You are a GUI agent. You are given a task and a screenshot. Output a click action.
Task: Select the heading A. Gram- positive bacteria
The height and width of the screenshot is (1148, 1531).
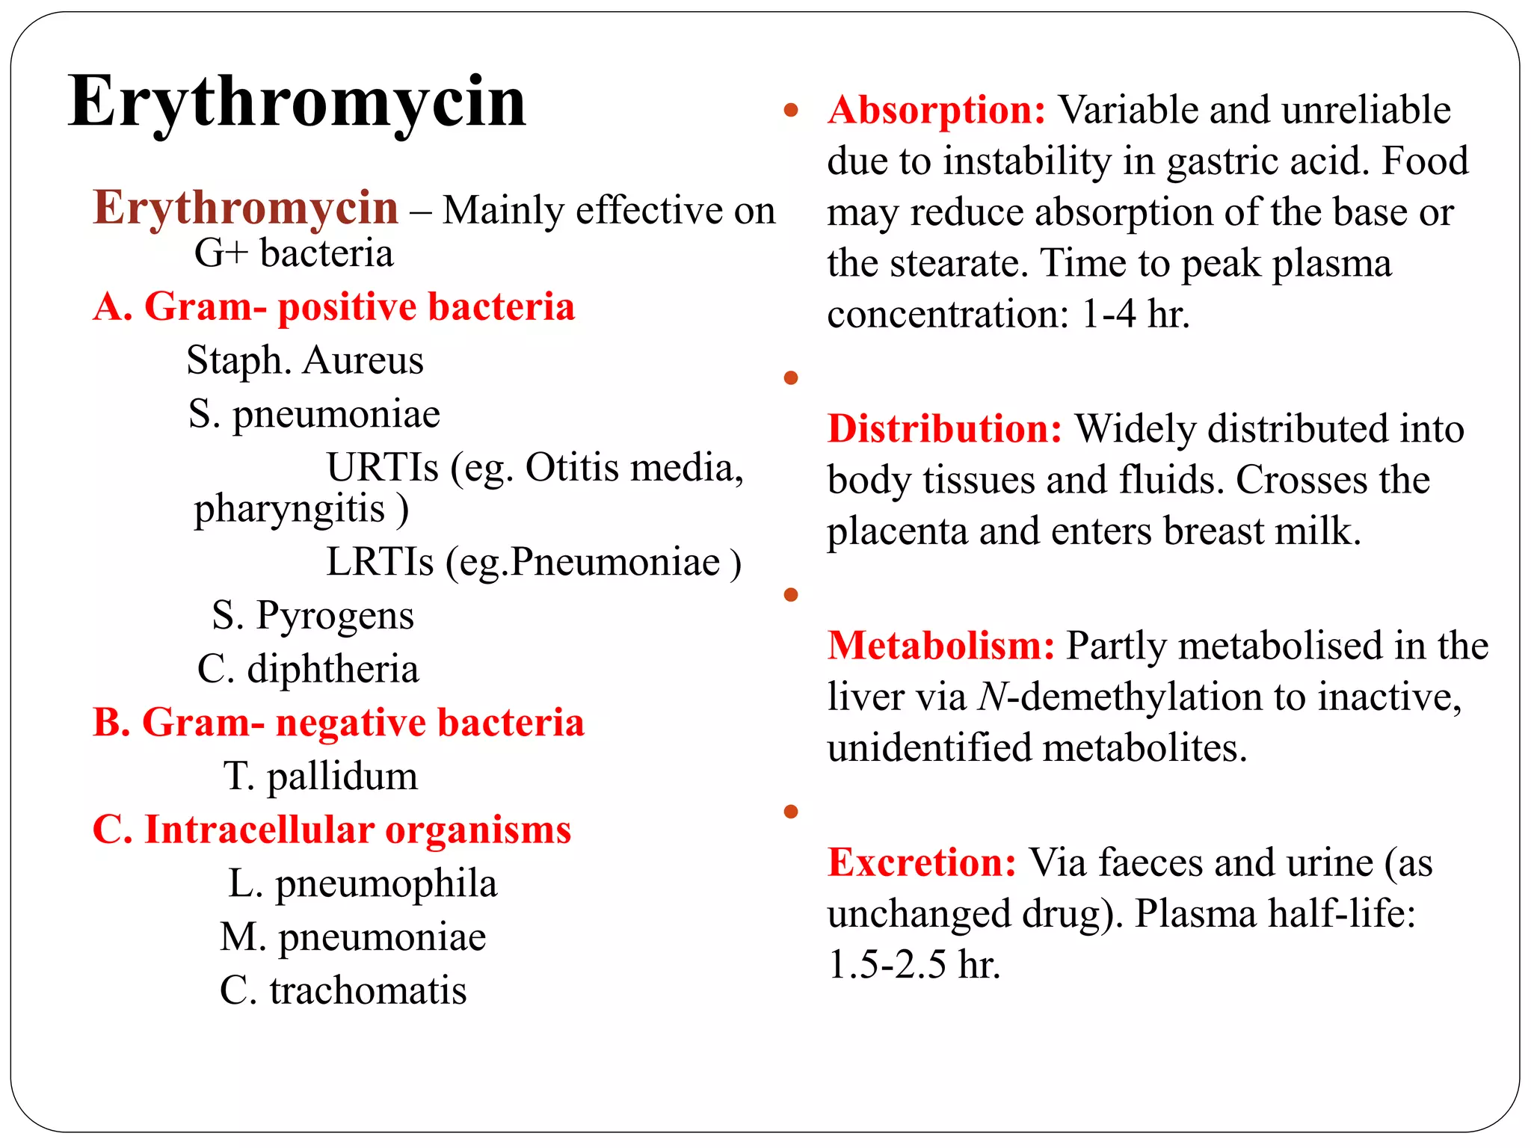pyautogui.click(x=333, y=306)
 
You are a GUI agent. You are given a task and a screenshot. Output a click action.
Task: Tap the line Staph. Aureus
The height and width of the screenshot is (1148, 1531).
pyautogui.click(x=305, y=360)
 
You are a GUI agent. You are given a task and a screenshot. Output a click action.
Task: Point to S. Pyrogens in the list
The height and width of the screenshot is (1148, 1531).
pyautogui.click(x=312, y=615)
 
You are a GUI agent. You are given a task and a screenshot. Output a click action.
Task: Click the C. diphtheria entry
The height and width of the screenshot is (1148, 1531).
pyautogui.click(x=308, y=668)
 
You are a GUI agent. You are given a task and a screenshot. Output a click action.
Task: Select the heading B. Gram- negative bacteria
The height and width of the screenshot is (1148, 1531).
pyautogui.click(x=338, y=722)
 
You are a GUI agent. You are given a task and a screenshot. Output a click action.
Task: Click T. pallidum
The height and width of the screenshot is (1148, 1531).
pyautogui.click(x=320, y=776)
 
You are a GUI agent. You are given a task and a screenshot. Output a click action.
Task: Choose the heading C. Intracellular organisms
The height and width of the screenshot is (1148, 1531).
pyautogui.click(x=331, y=830)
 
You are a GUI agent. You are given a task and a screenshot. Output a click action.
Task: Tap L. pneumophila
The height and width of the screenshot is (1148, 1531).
pyautogui.click(x=363, y=883)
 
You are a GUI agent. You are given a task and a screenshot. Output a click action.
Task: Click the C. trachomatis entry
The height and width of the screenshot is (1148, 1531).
pyautogui.click(x=343, y=990)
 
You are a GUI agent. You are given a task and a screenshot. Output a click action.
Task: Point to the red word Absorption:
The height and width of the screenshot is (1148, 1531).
pyautogui.click(x=937, y=110)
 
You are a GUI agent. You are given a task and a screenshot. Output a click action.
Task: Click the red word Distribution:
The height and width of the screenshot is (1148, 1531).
pyautogui.click(x=944, y=429)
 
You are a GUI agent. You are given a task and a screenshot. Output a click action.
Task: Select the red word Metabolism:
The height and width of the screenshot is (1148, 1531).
pyautogui.click(x=941, y=645)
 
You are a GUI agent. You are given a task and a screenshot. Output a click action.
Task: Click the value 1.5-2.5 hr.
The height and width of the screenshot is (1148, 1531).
pyautogui.click(x=914, y=964)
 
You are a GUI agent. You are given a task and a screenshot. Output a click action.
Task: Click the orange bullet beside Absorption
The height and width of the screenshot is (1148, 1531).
pyautogui.click(x=791, y=111)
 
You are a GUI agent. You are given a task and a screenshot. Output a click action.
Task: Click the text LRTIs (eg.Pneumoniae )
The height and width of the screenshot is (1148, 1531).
pyautogui.click(x=534, y=562)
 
